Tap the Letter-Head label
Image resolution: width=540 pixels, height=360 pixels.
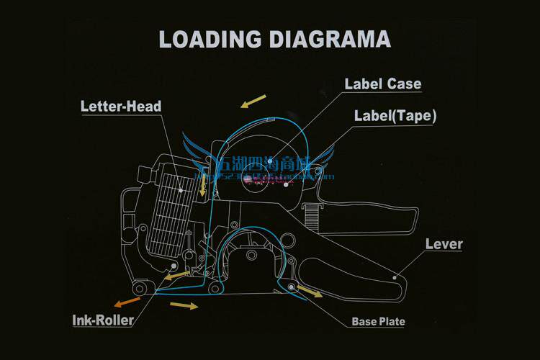[120, 107]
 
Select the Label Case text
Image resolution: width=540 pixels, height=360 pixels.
[382, 84]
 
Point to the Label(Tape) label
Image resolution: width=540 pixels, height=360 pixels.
[395, 115]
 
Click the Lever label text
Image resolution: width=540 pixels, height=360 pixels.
[444, 243]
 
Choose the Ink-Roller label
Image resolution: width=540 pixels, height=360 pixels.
[103, 320]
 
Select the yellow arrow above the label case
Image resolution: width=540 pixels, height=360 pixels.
[253, 101]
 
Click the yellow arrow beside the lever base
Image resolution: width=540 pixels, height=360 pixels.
[310, 291]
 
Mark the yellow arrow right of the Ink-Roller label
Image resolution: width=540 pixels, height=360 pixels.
[184, 306]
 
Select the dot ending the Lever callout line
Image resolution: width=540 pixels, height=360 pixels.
[395, 276]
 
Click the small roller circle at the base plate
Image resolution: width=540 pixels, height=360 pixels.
[292, 287]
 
